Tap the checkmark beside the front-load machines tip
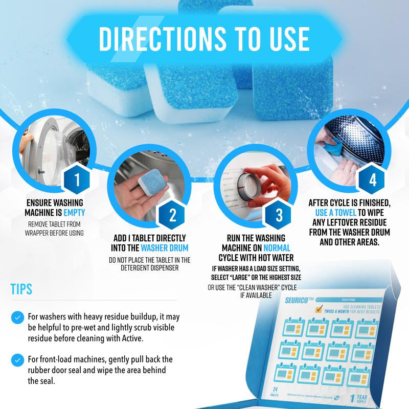[19, 358]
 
